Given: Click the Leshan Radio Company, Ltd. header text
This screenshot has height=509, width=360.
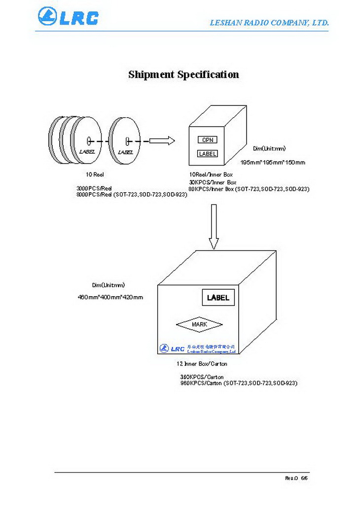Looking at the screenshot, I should pos(269,23).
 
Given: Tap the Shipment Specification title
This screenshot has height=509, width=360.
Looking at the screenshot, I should pos(183,75).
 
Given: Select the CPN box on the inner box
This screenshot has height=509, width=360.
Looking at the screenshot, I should pos(208,140).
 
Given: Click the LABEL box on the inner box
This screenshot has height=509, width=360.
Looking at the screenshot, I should pos(208,154).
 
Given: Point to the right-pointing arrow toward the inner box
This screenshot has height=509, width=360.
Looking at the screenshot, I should pos(162,141).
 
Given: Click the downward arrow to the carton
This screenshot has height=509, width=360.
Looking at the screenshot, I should pos(214,227).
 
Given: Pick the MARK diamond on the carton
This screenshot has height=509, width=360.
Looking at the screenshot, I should pos(199,324).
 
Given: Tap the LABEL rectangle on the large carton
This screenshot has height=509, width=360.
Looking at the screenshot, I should pos(218,298).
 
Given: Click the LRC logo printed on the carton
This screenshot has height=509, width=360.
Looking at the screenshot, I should pos(172,349).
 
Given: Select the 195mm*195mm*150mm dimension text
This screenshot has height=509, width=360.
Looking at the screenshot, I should pos(273,163).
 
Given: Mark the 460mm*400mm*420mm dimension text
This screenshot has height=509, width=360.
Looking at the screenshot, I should pos(110,297).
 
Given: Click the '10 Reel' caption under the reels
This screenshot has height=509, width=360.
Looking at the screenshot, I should pos(95,174).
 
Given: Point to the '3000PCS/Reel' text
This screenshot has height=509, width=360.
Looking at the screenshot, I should pos(94,188).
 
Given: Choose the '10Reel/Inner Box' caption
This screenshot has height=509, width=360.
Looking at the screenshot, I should pos(211,174).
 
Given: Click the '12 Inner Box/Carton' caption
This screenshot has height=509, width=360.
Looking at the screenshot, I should pos(202,364).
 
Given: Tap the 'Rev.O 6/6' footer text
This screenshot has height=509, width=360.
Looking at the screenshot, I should pos(296,478).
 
